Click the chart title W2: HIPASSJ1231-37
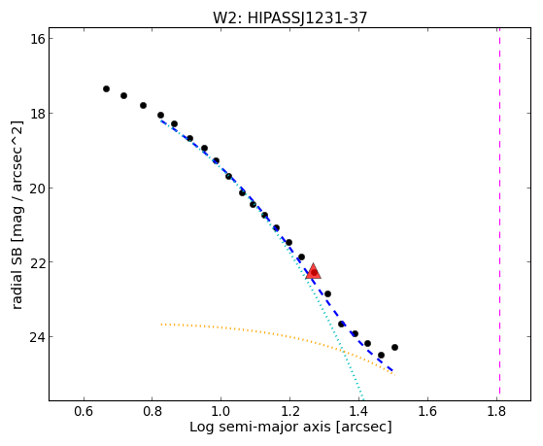pos(289,17)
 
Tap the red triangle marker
pos(314,271)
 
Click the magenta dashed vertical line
pos(499,211)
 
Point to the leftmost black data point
pos(106,89)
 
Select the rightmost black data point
pos(394,347)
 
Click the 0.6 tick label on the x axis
pos(84,411)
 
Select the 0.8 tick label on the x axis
pos(153,411)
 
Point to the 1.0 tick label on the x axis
pos(221,411)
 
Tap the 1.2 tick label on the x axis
pos(289,411)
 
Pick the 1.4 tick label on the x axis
pos(358,411)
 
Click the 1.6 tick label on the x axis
pos(427,411)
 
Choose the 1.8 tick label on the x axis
pos(496,411)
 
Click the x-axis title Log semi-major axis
pos(260,428)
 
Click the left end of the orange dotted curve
pos(161,325)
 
